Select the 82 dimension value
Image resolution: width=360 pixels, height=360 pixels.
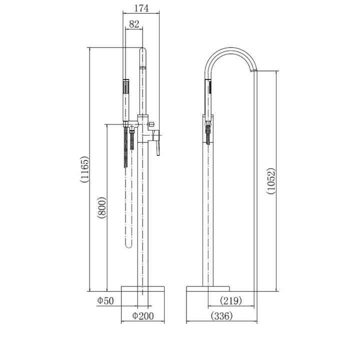point(134,23)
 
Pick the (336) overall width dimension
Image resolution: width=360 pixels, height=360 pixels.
point(220,315)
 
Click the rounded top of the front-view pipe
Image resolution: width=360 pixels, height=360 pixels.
point(143,51)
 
